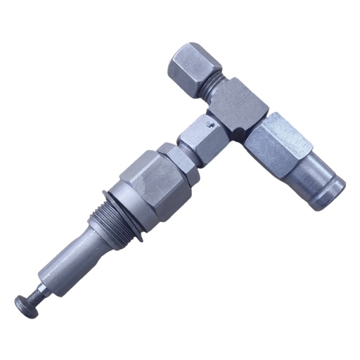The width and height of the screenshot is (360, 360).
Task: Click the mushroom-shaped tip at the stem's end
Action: tap(24, 302)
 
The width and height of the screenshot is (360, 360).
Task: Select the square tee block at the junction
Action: tap(239, 105)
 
